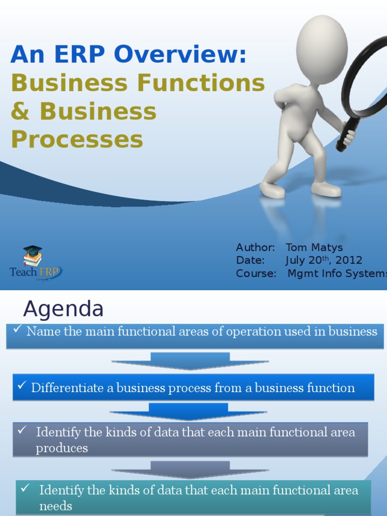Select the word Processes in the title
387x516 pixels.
pos(77,140)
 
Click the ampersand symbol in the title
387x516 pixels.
pos(21,111)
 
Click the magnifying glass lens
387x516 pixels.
pos(366,76)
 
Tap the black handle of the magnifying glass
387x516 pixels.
pos(345,138)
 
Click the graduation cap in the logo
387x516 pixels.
pos(33,250)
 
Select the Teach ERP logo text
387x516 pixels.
pos(35,272)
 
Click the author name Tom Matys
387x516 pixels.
pos(314,247)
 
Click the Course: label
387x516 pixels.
pos(256,274)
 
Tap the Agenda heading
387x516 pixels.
pos(63,308)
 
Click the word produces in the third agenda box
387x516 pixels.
pos(61,448)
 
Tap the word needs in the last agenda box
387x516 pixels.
pos(55,506)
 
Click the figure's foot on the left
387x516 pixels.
pos(272,190)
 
